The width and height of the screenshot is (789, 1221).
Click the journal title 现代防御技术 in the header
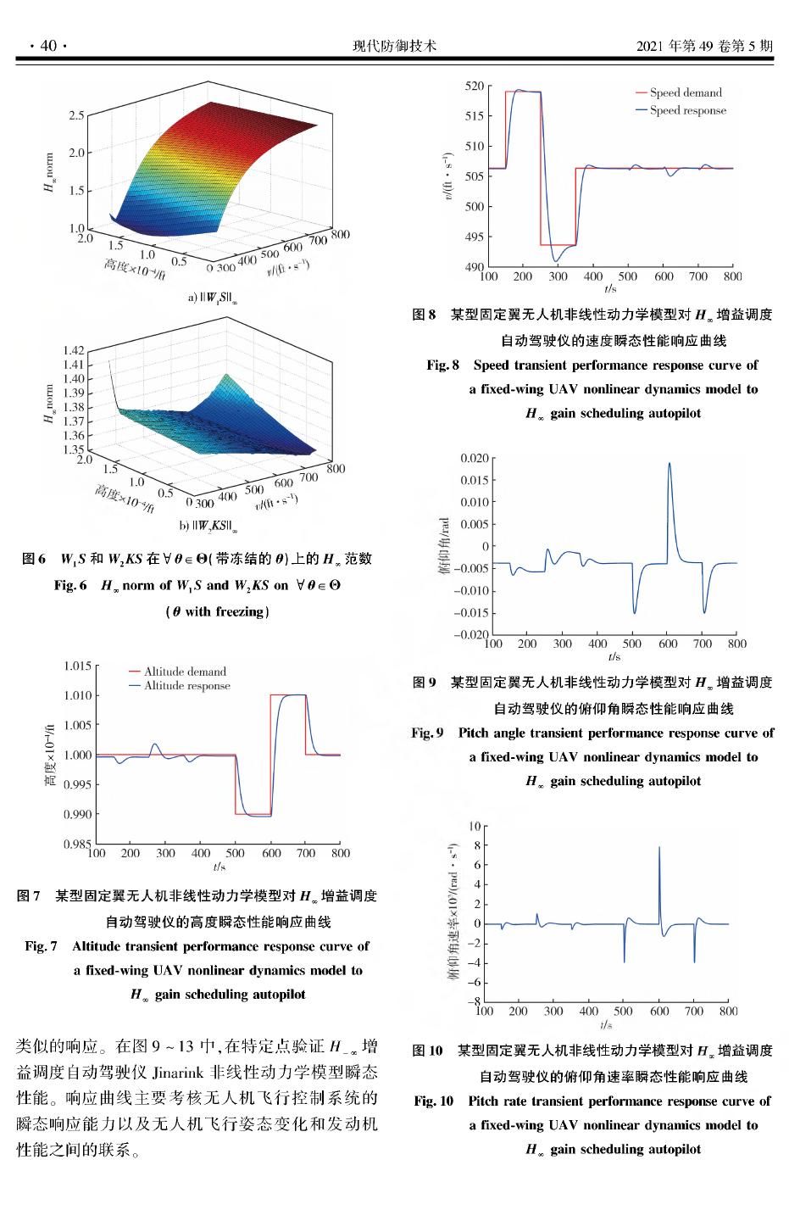click(x=394, y=46)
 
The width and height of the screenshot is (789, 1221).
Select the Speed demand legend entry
click(x=686, y=93)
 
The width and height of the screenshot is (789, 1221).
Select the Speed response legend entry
click(x=687, y=110)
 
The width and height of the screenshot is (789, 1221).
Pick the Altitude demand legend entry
click(x=185, y=672)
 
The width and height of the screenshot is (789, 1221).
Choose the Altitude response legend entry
click(x=186, y=686)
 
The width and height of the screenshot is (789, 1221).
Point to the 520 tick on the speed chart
click(x=474, y=86)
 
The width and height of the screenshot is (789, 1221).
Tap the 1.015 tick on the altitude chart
click(x=75, y=666)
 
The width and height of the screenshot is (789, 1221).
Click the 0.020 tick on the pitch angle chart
click(x=473, y=458)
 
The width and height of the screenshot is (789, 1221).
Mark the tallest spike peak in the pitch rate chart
click(x=659, y=847)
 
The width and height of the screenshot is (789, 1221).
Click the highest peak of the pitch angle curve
click(x=670, y=463)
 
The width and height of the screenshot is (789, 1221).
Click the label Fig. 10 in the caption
click(x=434, y=1101)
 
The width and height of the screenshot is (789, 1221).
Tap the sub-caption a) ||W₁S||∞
click(x=213, y=298)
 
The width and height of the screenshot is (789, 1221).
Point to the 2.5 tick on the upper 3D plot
click(x=75, y=115)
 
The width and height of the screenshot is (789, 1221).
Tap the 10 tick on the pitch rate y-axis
click(x=474, y=826)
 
